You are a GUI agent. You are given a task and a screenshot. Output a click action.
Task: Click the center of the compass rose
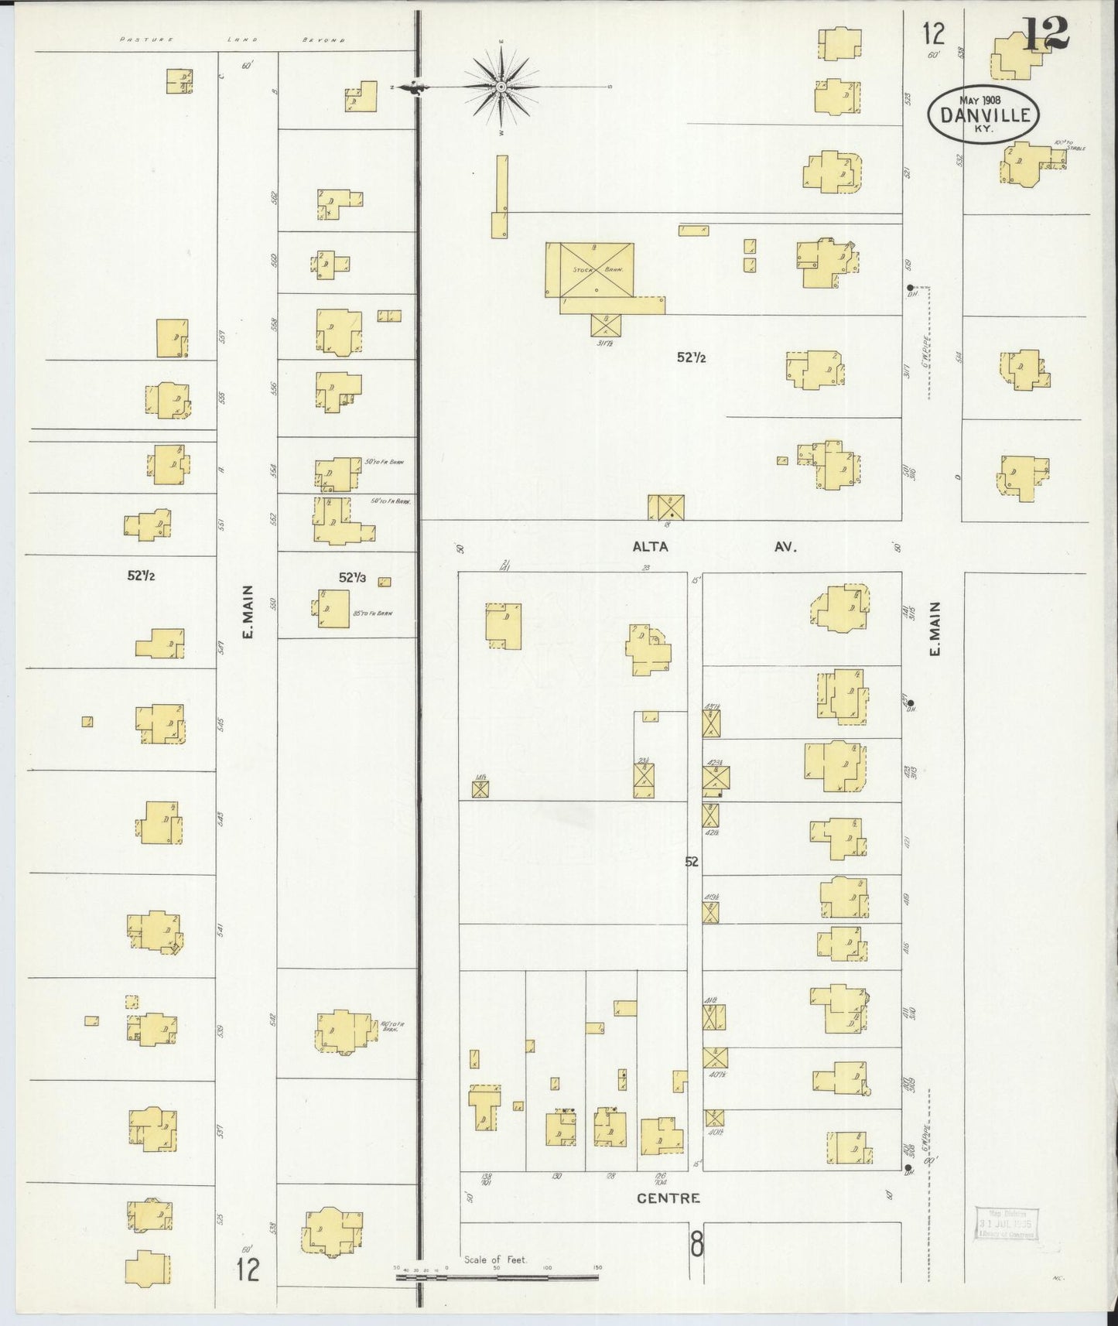[x=501, y=87]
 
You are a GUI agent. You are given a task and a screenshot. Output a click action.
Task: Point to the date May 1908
[x=980, y=100]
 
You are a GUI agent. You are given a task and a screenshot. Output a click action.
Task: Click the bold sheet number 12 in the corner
[x=1045, y=34]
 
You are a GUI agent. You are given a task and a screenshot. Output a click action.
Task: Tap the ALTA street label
[x=650, y=547]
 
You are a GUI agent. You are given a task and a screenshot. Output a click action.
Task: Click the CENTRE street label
[x=668, y=1198]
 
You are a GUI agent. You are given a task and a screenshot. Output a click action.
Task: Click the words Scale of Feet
[x=495, y=1259]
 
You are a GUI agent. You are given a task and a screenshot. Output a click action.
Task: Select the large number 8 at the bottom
[x=697, y=1246]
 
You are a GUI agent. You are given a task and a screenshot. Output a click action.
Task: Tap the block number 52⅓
[x=351, y=577]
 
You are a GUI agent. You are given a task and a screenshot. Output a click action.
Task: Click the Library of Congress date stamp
[x=1006, y=1223]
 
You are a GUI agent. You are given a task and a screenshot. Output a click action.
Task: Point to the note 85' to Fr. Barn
[x=373, y=613]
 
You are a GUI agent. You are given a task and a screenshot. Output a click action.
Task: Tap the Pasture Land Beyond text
[x=233, y=39]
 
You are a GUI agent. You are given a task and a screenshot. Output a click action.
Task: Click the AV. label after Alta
[x=785, y=547]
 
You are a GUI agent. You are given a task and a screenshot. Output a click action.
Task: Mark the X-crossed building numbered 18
[x=665, y=508]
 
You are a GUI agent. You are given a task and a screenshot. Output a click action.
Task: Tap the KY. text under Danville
[x=986, y=130]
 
